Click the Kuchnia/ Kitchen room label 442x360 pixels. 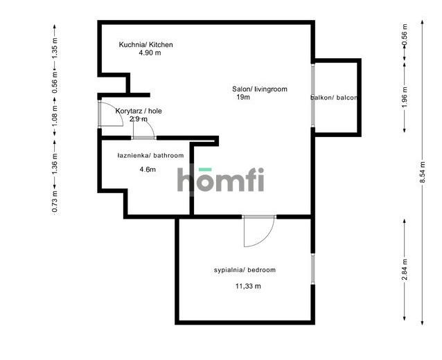[x=145, y=44]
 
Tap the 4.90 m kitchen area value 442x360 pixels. [x=150, y=53]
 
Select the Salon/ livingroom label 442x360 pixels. [x=260, y=89]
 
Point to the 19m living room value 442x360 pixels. [x=243, y=97]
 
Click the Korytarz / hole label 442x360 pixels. [x=139, y=111]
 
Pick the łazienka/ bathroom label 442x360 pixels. [x=150, y=156]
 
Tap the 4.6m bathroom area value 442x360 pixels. [x=148, y=170]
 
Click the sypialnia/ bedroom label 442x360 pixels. [x=245, y=270]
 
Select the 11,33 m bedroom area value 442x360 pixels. [x=248, y=286]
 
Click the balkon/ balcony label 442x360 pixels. [x=334, y=98]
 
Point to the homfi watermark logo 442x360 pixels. [x=221, y=179]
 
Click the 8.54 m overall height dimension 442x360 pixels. [x=423, y=172]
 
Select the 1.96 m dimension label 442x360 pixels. [x=405, y=97]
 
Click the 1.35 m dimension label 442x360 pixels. [x=55, y=48]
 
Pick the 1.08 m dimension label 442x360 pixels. [x=55, y=116]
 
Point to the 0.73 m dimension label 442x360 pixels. [x=55, y=201]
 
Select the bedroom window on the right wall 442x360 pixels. [x=312, y=269]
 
